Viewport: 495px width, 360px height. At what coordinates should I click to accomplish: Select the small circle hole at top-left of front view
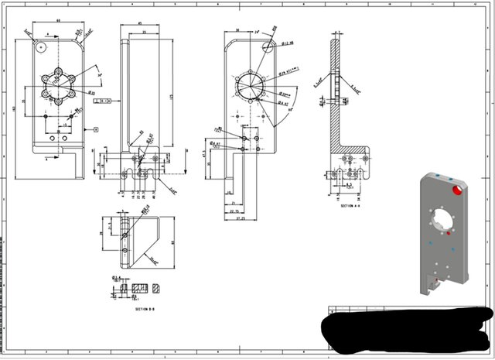40,46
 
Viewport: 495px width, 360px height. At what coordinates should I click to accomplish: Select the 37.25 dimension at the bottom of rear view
241,219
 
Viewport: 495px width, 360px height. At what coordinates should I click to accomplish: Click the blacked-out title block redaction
406,329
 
